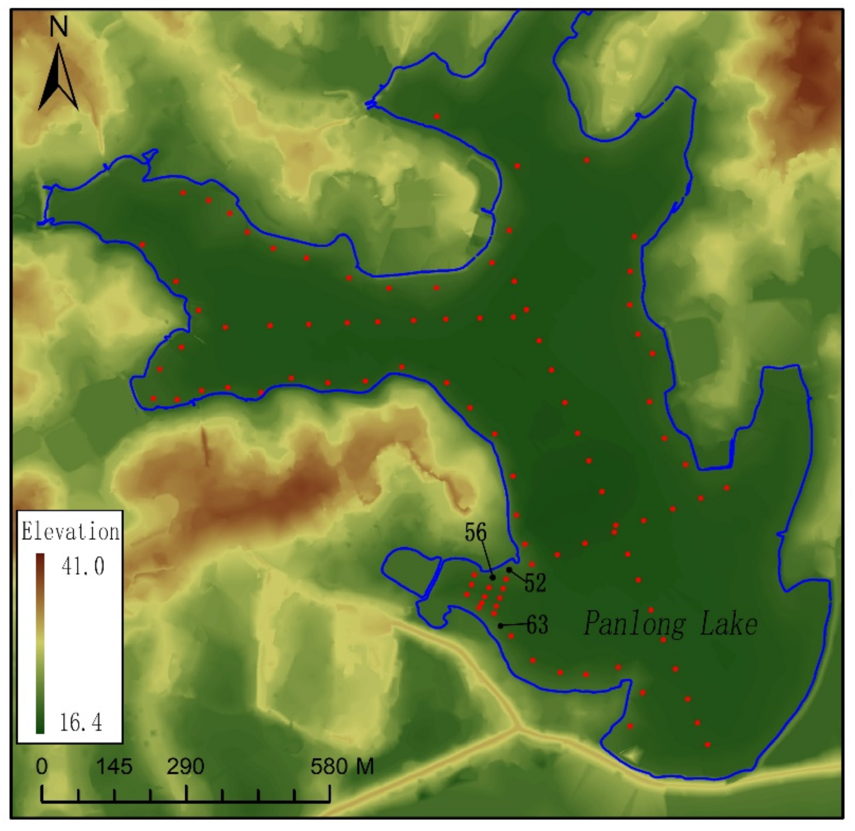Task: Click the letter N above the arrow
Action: tap(59, 27)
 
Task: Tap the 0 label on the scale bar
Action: tap(41, 766)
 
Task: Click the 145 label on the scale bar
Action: tap(114, 766)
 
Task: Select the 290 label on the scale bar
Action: tap(185, 766)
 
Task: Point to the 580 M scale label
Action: tap(342, 766)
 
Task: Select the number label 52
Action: tap(535, 583)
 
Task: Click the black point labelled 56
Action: tap(493, 577)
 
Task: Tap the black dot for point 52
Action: tap(509, 569)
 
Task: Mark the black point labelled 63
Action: tap(501, 626)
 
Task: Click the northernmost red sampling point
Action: tap(437, 117)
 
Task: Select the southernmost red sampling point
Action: tap(707, 745)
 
